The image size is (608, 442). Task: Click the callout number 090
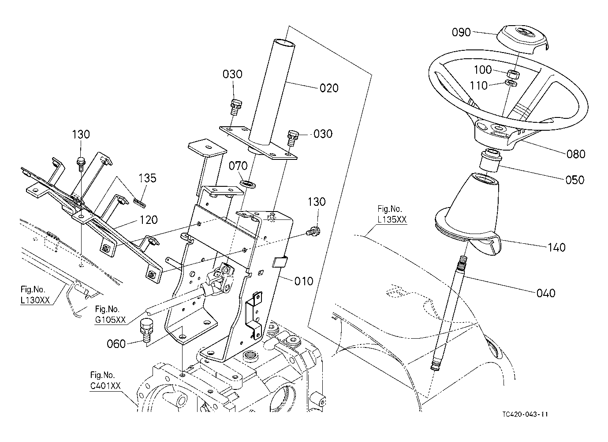point(461,32)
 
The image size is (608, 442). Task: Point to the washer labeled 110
point(511,83)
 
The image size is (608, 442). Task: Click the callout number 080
point(576,154)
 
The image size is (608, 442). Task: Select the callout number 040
point(546,293)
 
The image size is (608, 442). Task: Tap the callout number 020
point(329,88)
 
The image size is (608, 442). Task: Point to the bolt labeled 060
point(146,331)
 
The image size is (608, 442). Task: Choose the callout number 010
point(304,281)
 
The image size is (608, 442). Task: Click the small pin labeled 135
point(140,203)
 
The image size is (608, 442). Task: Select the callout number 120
point(148,219)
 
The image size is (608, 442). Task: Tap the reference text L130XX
point(35,300)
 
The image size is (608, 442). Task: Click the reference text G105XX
point(111,320)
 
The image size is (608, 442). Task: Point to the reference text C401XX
point(105,386)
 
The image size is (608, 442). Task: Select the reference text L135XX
point(392,219)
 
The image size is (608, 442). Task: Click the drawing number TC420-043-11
point(525,422)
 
